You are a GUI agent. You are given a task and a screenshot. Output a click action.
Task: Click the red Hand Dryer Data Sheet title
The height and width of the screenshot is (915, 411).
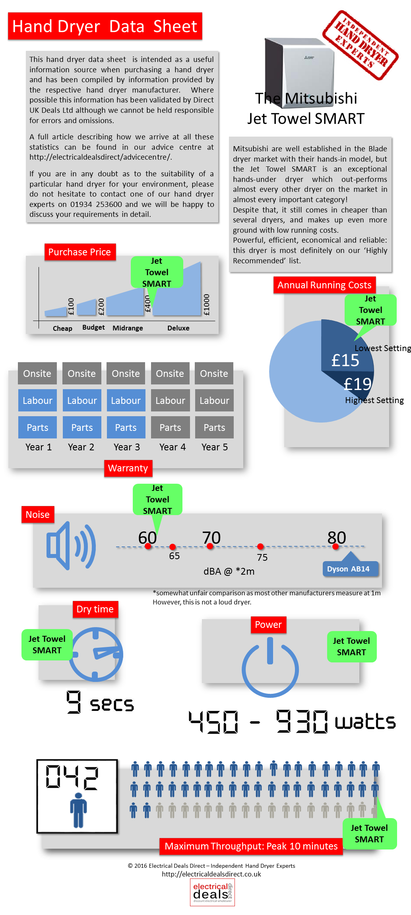(x=105, y=26)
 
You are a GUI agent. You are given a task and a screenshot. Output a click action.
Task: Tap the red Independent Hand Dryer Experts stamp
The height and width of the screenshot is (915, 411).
(x=361, y=45)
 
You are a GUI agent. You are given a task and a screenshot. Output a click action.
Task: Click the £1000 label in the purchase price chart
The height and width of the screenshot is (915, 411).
(x=206, y=305)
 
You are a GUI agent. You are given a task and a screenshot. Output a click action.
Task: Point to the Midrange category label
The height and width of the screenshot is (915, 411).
(x=128, y=328)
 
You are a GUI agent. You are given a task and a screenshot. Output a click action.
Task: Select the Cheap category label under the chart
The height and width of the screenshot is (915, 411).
(x=62, y=328)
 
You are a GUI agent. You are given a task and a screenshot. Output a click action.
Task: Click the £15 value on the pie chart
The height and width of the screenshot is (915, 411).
(x=345, y=360)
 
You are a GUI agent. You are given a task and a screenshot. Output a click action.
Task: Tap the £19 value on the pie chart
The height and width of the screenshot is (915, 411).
(x=357, y=384)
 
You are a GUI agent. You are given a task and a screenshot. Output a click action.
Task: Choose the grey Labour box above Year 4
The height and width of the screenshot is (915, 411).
(x=170, y=400)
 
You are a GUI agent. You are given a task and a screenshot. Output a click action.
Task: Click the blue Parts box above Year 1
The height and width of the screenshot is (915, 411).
(x=37, y=427)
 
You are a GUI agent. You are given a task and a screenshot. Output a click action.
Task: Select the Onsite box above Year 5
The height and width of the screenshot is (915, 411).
(x=214, y=373)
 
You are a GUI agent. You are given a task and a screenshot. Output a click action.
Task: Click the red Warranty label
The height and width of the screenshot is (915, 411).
(x=128, y=468)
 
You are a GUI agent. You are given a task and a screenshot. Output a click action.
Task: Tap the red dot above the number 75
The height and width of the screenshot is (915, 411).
(x=260, y=546)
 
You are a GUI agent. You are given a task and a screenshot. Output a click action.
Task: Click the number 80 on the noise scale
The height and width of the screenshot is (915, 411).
(x=337, y=537)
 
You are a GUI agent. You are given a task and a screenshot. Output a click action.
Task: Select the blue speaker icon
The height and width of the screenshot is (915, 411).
(x=71, y=546)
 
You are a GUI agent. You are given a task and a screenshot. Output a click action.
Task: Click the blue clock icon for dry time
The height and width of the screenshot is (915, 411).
(x=96, y=654)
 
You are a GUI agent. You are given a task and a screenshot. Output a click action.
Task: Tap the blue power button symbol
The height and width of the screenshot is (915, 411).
(x=270, y=667)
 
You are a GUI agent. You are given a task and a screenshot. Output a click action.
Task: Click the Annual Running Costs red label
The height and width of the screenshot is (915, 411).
(x=324, y=285)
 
